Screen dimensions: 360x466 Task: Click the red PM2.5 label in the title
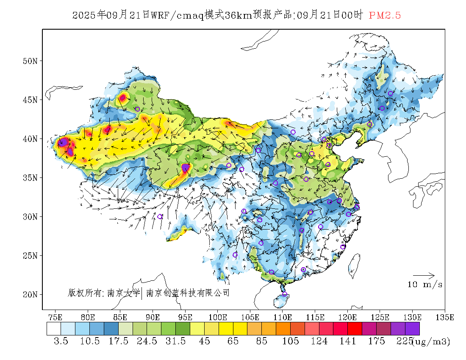pyautogui.click(x=385, y=16)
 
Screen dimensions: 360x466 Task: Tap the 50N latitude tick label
pyautogui.click(x=30, y=61)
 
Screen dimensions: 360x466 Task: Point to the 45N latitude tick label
pyautogui.click(x=30, y=100)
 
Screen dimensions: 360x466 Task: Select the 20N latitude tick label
pyautogui.click(x=30, y=294)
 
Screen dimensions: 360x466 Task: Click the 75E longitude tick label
pyautogui.click(x=55, y=317)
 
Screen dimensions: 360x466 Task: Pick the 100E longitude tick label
pyautogui.click(x=218, y=317)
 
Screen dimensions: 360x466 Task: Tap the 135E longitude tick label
pyautogui.click(x=445, y=317)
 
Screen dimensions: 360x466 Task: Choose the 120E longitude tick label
pyautogui.click(x=348, y=317)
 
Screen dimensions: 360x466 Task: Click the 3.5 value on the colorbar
pyautogui.click(x=61, y=341)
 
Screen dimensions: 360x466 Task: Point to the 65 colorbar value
pyautogui.click(x=233, y=341)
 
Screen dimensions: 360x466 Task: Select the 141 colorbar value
pyautogui.click(x=348, y=341)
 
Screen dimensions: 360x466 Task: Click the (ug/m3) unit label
pyautogui.click(x=431, y=341)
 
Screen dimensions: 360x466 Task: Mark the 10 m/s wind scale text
pyautogui.click(x=425, y=285)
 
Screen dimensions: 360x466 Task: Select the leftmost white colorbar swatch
pyautogui.click(x=54, y=329)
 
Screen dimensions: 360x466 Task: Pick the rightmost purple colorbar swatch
pyautogui.click(x=412, y=329)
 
